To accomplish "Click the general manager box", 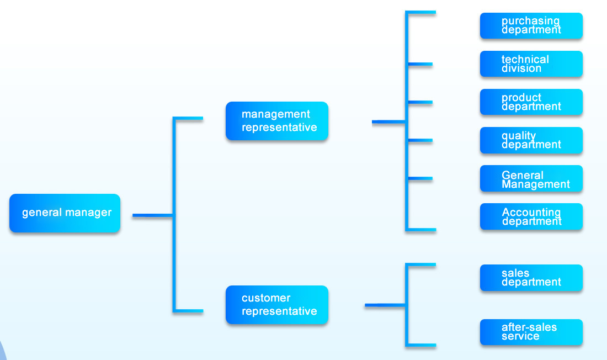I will pos(65,213).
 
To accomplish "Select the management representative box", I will pos(277,121).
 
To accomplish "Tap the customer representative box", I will pos(277,305).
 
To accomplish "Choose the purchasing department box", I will pos(531,26).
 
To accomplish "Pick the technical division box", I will pos(531,64).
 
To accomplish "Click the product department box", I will pos(531,102).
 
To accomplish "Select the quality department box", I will pos(531,140).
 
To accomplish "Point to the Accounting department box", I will pos(531,216).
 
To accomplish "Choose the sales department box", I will pos(531,278).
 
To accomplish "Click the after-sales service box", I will pos(531,332).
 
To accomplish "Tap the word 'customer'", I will pos(266,298).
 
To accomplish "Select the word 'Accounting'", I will pos(531,212).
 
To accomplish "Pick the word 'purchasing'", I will pos(530,21).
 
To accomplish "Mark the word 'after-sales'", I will pos(529,327).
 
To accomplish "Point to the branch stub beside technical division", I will pos(420,65).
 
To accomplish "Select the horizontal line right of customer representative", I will pos(385,305).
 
